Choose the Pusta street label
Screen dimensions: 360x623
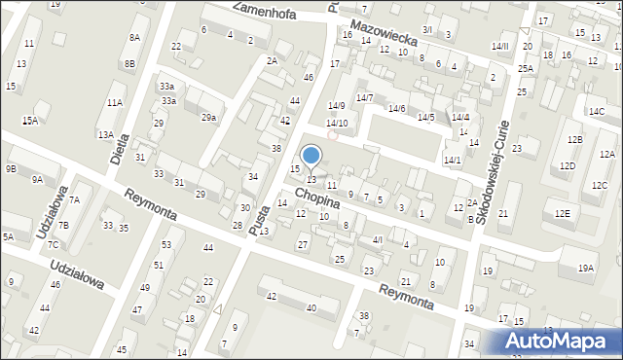(258, 207)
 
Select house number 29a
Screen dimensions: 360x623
(208, 118)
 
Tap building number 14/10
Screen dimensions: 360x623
(337, 124)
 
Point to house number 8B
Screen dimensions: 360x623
(129, 64)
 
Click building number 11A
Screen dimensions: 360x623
(115, 102)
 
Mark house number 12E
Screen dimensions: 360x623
(562, 213)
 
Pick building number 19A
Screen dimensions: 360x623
(585, 268)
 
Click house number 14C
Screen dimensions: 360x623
(596, 112)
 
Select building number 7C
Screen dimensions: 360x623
(54, 244)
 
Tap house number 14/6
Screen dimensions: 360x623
(396, 109)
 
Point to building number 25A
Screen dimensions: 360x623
(526, 68)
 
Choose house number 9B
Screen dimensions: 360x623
(11, 168)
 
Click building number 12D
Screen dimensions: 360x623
(568, 166)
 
